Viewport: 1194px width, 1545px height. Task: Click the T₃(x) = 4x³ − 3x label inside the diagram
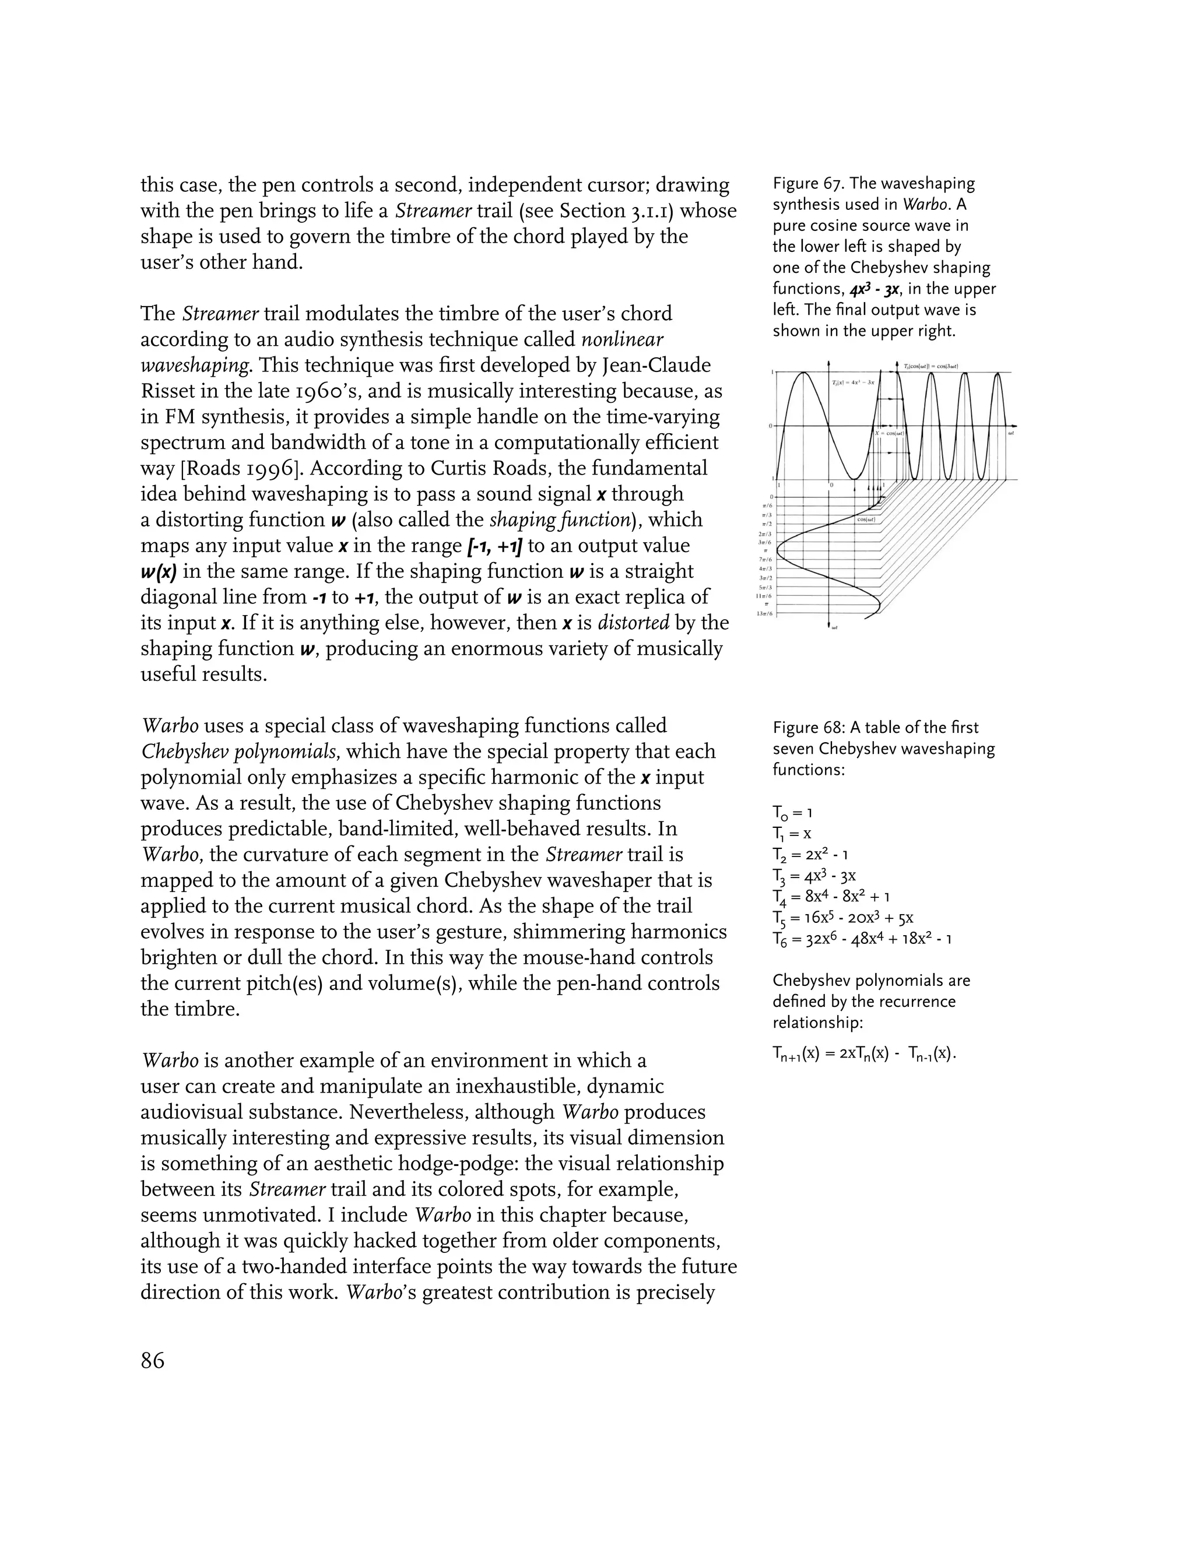854,382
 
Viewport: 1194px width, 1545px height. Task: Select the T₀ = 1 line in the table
792,813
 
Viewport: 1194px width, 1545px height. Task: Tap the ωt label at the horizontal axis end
1012,432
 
